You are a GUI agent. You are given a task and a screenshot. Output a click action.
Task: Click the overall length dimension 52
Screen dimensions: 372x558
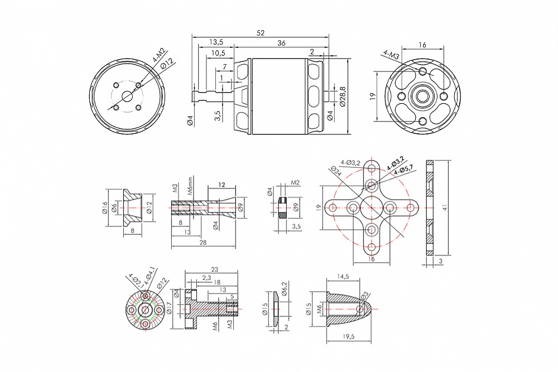click(260, 33)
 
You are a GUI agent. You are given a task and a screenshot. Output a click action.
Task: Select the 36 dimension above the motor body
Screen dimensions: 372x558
click(281, 43)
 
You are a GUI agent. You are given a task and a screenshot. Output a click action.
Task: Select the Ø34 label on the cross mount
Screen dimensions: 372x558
click(335, 172)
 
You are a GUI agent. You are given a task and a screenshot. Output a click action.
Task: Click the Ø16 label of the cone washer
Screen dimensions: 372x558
click(105, 207)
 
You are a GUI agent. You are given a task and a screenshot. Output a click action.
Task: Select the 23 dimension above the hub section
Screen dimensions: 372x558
click(214, 269)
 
